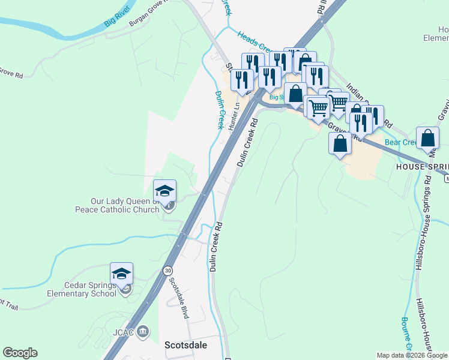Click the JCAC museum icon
click(143, 331)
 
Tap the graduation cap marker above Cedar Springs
click(121, 274)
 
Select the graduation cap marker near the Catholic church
click(164, 191)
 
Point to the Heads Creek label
click(256, 43)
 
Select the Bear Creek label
click(400, 142)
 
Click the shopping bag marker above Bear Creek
click(427, 137)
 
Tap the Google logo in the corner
click(20, 353)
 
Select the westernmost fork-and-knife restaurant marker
click(241, 79)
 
